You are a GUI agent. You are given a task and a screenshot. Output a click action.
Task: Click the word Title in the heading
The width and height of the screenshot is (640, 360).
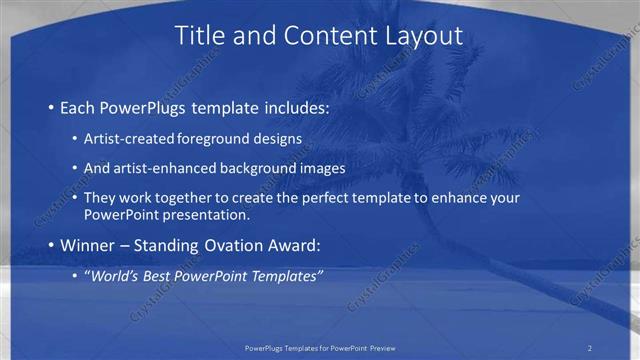click(x=201, y=36)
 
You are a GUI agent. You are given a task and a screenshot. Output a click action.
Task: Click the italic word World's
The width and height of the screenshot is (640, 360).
click(x=111, y=275)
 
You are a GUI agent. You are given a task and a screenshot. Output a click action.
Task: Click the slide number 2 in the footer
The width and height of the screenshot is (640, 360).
click(x=590, y=348)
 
